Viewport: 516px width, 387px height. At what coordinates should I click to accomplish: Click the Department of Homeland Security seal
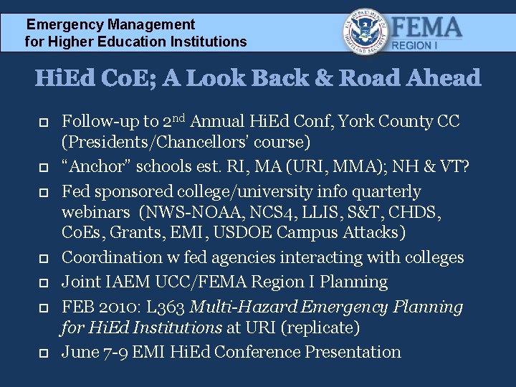(366, 32)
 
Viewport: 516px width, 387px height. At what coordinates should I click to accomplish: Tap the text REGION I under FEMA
(413, 45)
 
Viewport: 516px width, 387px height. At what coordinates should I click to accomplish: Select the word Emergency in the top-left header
(65, 25)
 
